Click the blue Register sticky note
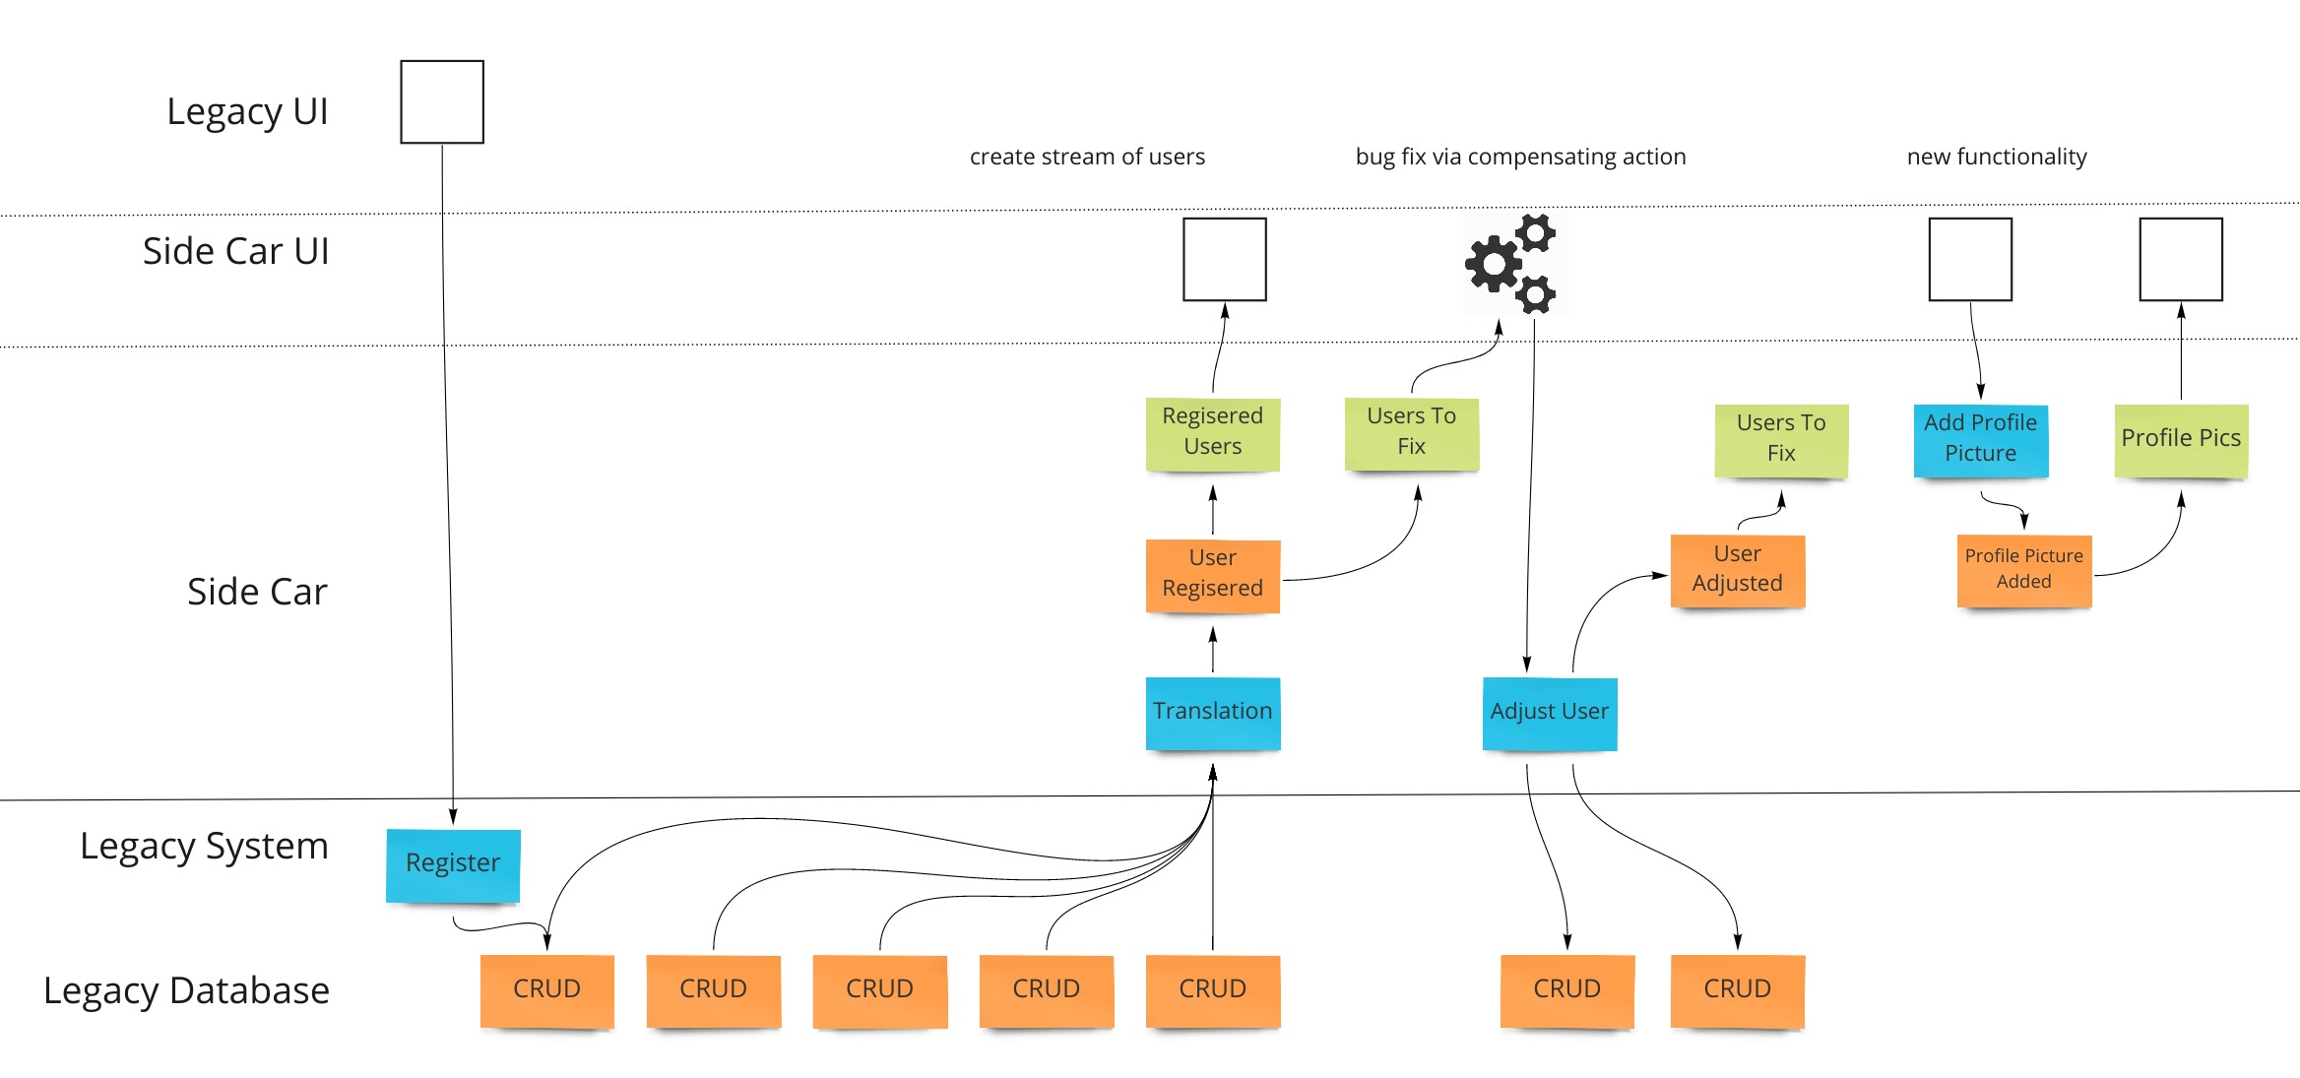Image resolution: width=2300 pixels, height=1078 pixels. [x=453, y=864]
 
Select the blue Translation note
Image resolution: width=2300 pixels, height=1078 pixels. [x=1212, y=712]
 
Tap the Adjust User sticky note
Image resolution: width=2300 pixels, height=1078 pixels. [x=1549, y=712]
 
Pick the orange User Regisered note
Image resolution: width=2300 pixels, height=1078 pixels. [x=1212, y=574]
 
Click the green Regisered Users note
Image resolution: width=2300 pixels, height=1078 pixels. [x=1212, y=432]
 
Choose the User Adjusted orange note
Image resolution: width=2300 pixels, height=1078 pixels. [x=1737, y=569]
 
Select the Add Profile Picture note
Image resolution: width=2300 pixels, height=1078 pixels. [x=1980, y=439]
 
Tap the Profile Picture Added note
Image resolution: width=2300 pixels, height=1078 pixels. [x=2023, y=569]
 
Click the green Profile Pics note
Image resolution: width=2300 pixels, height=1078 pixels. [x=2180, y=439]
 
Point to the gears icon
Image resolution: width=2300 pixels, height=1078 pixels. [x=1510, y=264]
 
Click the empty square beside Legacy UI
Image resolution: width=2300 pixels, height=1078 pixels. [x=442, y=102]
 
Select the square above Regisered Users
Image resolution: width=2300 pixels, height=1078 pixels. [x=1224, y=260]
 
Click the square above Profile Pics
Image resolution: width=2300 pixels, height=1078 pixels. [x=2180, y=260]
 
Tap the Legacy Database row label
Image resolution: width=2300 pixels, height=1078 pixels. [x=187, y=990]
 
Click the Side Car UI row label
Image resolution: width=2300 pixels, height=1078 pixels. [x=235, y=252]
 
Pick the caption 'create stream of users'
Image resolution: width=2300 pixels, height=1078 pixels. [x=1087, y=158]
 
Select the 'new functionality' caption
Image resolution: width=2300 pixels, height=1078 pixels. [x=1996, y=158]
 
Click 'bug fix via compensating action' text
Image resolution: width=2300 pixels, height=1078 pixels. [x=1520, y=158]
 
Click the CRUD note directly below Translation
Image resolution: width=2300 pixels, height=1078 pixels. [x=1212, y=990]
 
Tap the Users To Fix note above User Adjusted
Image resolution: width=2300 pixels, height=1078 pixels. [x=1780, y=439]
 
